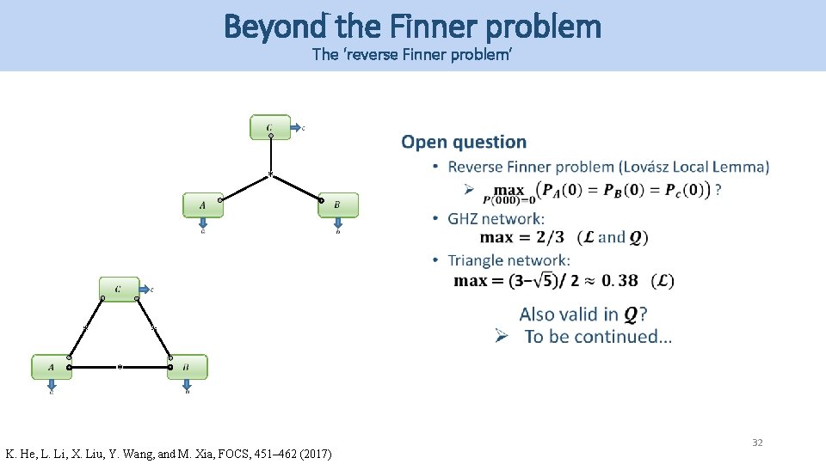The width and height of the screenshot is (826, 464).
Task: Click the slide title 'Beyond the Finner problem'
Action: point(412,27)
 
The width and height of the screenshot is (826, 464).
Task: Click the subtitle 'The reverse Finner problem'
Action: point(412,56)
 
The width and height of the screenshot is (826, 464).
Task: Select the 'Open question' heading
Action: point(463,143)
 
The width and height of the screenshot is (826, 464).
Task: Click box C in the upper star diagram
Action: point(270,127)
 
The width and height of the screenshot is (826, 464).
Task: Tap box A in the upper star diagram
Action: point(202,205)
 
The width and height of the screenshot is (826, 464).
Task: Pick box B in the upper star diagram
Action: point(337,205)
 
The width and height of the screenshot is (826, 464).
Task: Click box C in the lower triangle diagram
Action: point(119,290)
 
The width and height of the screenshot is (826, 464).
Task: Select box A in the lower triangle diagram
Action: point(51,367)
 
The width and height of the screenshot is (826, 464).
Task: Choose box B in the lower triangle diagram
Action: point(187,367)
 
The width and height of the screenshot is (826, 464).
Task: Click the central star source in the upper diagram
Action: point(270,176)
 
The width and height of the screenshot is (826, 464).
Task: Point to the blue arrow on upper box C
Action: point(295,128)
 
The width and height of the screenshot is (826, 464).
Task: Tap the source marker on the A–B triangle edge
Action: point(120,367)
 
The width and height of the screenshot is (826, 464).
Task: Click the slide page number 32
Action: point(757,443)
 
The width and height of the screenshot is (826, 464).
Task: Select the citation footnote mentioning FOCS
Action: point(169,453)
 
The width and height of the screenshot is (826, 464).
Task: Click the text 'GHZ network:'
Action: point(496,219)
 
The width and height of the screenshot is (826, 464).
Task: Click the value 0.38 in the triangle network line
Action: point(620,280)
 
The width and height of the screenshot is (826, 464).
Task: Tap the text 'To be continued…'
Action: point(598,337)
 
